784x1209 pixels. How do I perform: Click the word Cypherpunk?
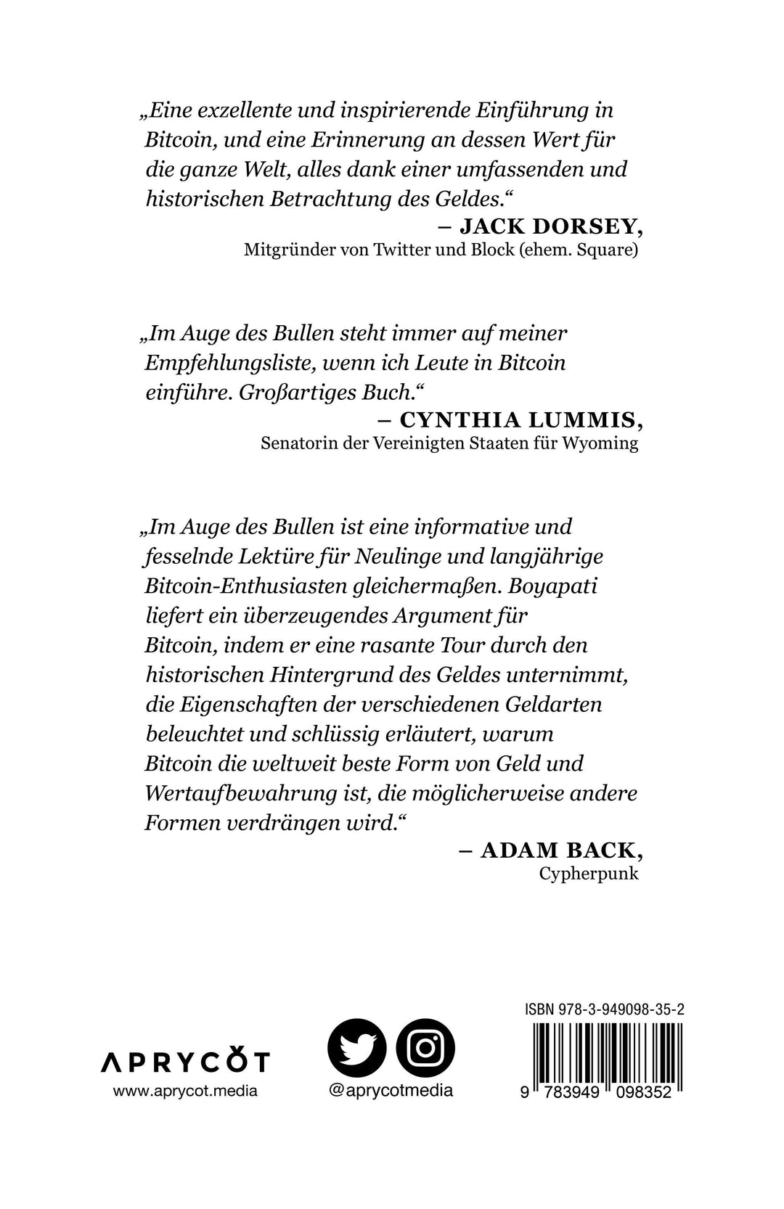pos(589,873)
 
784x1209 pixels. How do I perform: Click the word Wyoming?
pos(600,443)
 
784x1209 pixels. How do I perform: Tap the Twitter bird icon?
pos(356,1049)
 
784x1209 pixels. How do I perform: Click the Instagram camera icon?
pos(425,1049)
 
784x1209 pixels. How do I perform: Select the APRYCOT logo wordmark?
pos(184,1062)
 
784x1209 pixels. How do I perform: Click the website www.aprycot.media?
pos(185,1091)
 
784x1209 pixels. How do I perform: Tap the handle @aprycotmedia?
pos(391,1090)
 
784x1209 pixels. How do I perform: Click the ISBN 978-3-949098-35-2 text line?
pos(605,1009)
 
